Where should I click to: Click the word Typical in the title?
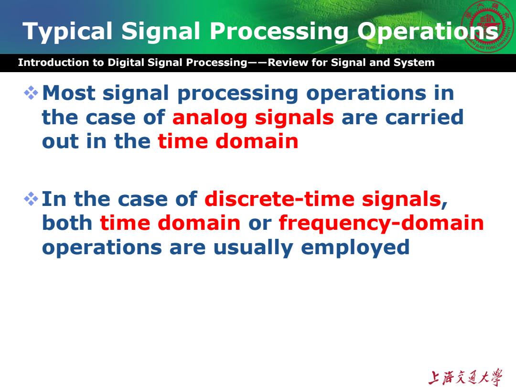point(67,32)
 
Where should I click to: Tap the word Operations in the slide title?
point(428,32)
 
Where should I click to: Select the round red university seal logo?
point(488,26)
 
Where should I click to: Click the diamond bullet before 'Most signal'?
point(31,93)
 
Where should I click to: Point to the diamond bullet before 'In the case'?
point(31,199)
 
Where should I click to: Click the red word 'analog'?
point(210,118)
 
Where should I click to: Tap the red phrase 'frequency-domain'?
point(381,224)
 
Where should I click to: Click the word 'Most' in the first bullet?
point(69,93)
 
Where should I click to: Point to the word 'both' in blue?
point(67,223)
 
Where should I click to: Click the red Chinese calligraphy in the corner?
point(465,377)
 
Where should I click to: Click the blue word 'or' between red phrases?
point(259,224)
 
